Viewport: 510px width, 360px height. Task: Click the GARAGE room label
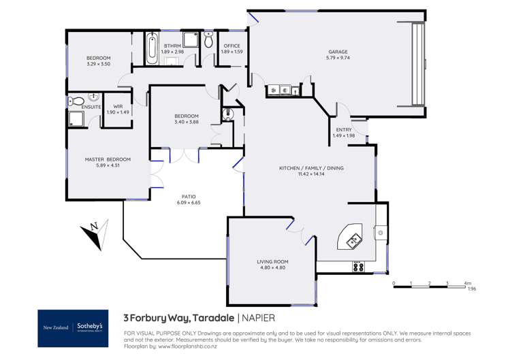(338, 52)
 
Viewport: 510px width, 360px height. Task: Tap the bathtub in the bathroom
(151, 47)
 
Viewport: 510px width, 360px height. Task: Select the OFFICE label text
(232, 46)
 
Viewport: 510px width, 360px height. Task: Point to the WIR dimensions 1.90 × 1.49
(118, 112)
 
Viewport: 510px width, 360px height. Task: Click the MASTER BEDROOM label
(108, 159)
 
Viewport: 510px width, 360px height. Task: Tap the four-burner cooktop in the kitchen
(358, 267)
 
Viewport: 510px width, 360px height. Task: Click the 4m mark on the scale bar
(466, 282)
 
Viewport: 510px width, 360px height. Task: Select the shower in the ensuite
(76, 120)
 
